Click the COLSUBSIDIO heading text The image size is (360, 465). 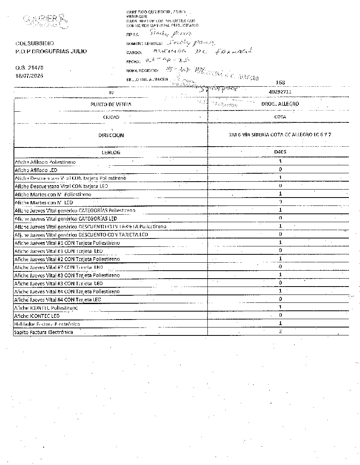pyautogui.click(x=35, y=43)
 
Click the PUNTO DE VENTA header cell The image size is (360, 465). pyautogui.click(x=111, y=104)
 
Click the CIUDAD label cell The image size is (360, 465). pyautogui.click(x=111, y=117)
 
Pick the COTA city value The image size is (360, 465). pyautogui.click(x=280, y=117)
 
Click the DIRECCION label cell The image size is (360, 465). pyautogui.click(x=111, y=135)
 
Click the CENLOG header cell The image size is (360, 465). pyautogui.click(x=111, y=152)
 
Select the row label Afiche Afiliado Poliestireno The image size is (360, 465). pyautogui.click(x=45, y=162)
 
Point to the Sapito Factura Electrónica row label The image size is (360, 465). pyautogui.click(x=44, y=332)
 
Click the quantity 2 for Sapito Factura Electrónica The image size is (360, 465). pyautogui.click(x=280, y=331)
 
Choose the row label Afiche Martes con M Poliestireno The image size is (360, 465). pyautogui.click(x=53, y=194)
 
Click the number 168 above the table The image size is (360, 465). pyautogui.click(x=280, y=83)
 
